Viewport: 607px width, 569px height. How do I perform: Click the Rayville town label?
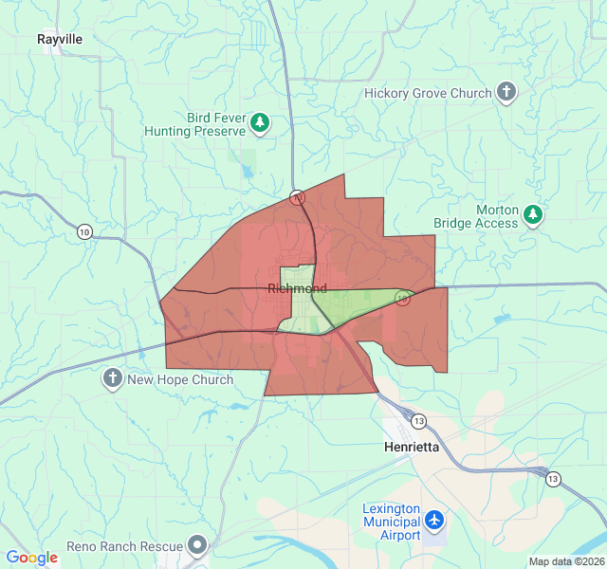60,40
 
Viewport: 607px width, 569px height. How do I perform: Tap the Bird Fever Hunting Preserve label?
195,124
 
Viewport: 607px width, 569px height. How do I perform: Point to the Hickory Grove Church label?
429,93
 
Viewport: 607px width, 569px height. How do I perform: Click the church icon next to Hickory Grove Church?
507,93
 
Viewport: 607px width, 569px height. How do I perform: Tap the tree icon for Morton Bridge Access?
534,215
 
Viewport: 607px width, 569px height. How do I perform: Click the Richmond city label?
297,288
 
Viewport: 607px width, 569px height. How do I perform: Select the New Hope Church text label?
180,380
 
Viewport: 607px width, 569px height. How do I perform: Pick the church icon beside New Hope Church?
112,380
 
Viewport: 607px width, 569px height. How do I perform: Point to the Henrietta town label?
413,447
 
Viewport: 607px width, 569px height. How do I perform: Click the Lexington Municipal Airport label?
391,522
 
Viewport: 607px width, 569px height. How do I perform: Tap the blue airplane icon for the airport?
434,521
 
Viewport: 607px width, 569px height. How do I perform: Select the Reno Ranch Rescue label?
124,547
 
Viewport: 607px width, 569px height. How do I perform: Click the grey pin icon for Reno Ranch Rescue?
197,545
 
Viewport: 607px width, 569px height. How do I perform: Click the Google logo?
31,558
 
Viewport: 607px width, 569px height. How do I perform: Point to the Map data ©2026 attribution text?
565,561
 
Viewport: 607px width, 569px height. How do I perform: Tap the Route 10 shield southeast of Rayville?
84,231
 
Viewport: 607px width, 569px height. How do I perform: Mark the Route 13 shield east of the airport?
552,480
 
